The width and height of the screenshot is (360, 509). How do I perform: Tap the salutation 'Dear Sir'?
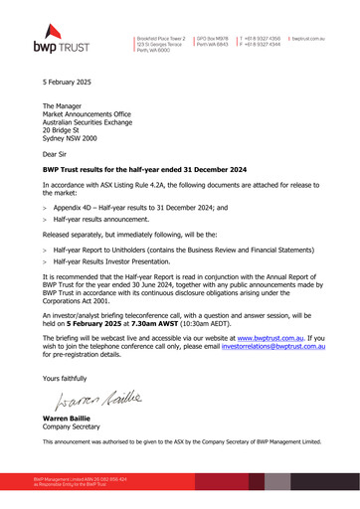coord(57,154)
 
